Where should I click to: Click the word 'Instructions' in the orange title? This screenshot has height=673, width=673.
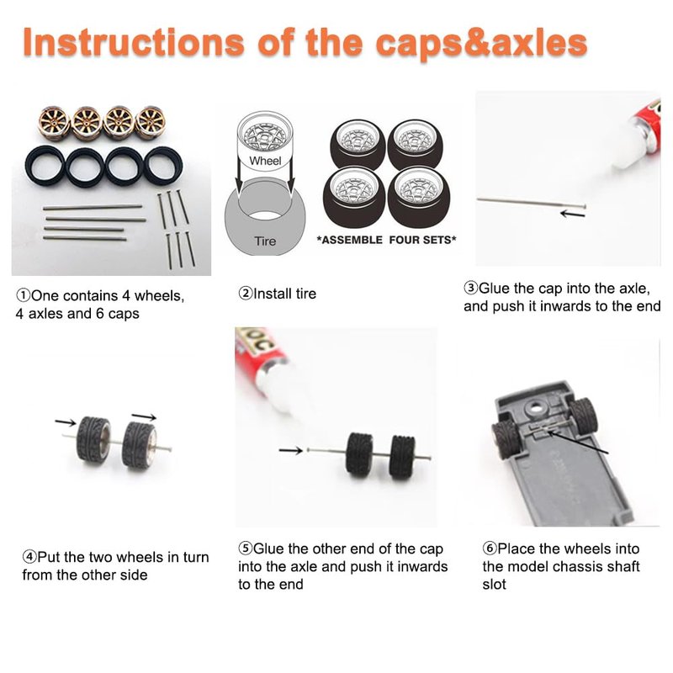pos(134,42)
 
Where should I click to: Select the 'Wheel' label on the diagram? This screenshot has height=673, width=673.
pos(265,161)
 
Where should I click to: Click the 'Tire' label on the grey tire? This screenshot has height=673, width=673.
pos(265,241)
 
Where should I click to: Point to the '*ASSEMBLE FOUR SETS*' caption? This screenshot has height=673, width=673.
pos(386,240)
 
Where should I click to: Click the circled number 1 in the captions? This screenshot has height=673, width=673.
pos(24,295)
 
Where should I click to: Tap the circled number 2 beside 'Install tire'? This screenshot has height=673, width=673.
pos(245,294)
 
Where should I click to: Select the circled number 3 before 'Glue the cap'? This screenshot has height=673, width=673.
pos(470,288)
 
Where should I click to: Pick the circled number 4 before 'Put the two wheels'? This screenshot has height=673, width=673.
pos(29,557)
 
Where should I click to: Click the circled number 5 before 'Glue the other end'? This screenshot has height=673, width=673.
pos(246,548)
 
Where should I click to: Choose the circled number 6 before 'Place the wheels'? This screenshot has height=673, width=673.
pos(490,548)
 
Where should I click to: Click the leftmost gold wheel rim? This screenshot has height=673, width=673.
pos(54,123)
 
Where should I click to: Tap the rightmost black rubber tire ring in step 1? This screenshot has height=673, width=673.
pos(163,167)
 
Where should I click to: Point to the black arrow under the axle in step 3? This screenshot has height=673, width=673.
pos(573,214)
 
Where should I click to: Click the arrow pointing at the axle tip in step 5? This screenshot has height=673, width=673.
pos(290,450)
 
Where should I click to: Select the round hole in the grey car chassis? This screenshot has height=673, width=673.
pos(535,405)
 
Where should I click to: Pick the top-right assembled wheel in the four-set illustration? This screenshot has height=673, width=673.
pos(416,144)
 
